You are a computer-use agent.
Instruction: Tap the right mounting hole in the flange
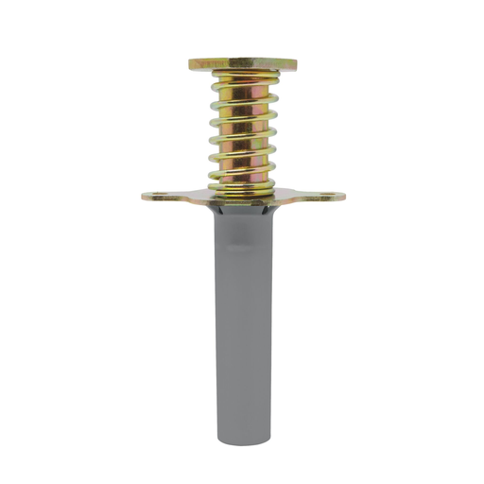point(328,198)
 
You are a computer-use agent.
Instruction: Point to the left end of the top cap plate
point(190,64)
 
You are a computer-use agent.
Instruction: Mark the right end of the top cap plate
point(295,64)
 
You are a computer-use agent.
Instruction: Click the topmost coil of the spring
point(242,78)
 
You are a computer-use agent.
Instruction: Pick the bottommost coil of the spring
point(242,186)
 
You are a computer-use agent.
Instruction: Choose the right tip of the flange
point(344,198)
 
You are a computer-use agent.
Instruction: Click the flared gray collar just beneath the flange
point(242,212)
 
